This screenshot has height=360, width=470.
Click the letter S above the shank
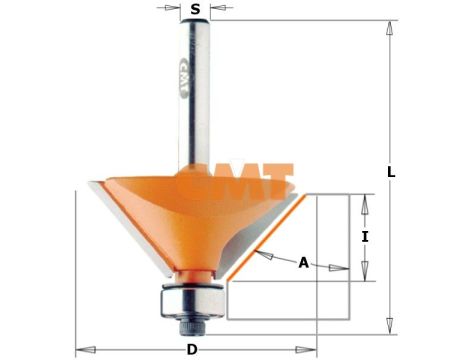(x=195, y=10)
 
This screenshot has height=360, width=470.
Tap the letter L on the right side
(x=391, y=172)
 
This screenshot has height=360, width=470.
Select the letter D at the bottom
(x=192, y=349)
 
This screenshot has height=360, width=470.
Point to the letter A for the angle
(x=303, y=263)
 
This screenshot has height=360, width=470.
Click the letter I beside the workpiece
(x=365, y=237)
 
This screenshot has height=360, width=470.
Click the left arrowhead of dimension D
(x=82, y=349)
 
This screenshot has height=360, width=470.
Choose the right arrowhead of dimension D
(x=308, y=349)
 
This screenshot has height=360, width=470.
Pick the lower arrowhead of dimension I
(x=365, y=276)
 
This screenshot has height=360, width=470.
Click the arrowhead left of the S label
(x=174, y=10)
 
